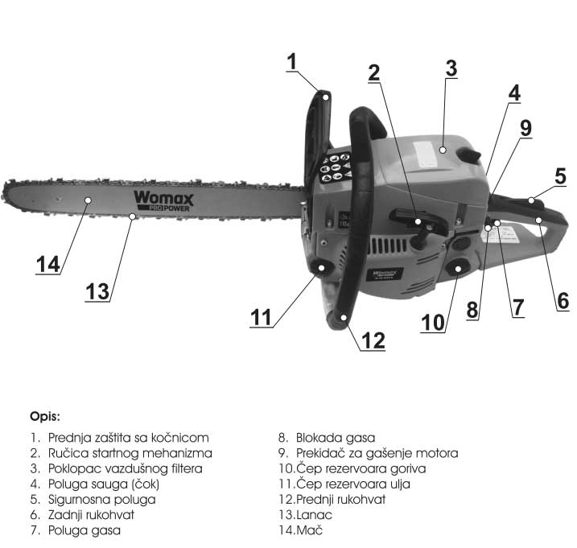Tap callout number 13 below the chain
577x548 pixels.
click(x=97, y=290)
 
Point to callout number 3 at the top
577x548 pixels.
click(x=451, y=68)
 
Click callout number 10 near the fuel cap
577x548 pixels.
click(x=432, y=321)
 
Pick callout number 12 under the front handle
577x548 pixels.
click(x=373, y=340)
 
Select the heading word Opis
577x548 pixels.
click(x=45, y=417)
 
